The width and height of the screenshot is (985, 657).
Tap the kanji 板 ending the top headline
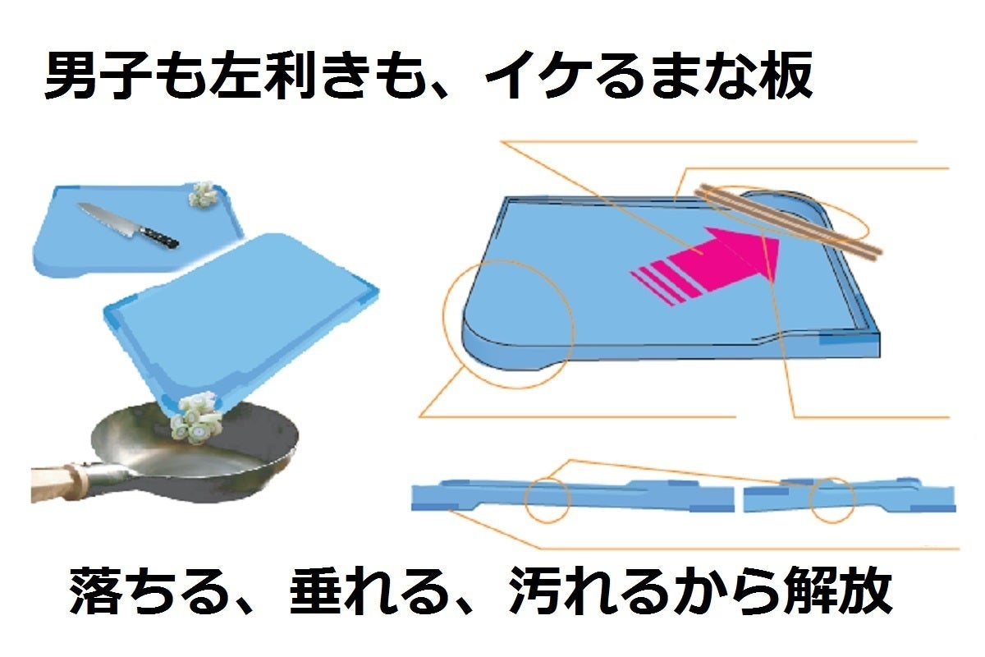(787, 76)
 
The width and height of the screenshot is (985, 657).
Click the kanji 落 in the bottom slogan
(95, 590)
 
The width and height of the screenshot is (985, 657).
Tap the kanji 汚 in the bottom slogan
(535, 590)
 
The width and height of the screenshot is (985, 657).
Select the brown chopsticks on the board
(788, 223)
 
